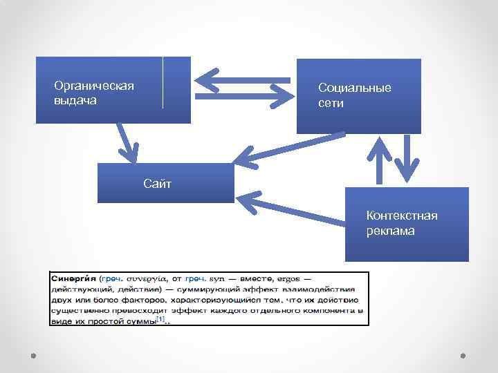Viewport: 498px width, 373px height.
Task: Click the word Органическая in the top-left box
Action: click(x=94, y=86)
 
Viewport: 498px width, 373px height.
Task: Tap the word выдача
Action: click(x=75, y=100)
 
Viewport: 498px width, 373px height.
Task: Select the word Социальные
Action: click(x=354, y=88)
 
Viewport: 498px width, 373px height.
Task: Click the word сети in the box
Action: click(x=331, y=103)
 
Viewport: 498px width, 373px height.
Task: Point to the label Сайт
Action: click(x=157, y=184)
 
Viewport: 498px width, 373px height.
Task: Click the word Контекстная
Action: click(x=402, y=216)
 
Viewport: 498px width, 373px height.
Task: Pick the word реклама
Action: click(x=391, y=231)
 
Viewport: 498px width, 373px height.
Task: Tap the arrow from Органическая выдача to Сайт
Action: click(x=127, y=142)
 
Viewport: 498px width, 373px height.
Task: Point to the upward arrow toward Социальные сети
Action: click(x=379, y=160)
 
